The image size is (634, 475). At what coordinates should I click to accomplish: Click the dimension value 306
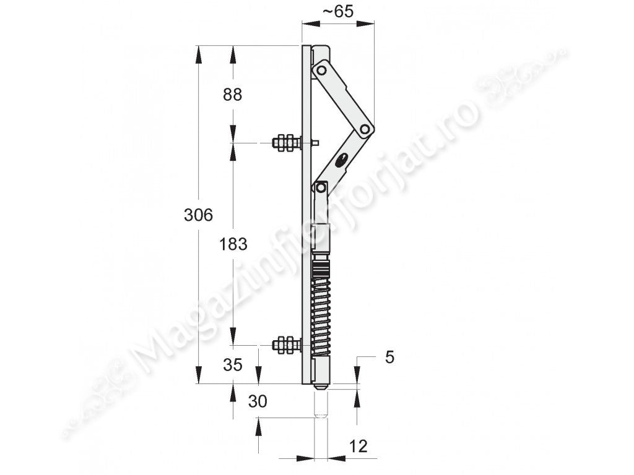click(x=199, y=215)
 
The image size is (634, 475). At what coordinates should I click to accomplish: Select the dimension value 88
click(x=232, y=95)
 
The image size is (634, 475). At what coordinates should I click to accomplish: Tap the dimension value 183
click(x=233, y=244)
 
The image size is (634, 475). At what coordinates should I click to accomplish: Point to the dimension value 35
click(x=232, y=364)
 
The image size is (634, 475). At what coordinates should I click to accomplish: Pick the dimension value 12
click(x=358, y=445)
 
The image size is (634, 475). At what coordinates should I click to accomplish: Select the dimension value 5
click(x=389, y=357)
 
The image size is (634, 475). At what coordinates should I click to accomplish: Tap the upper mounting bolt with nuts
click(x=287, y=143)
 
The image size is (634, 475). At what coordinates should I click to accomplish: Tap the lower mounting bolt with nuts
click(x=287, y=344)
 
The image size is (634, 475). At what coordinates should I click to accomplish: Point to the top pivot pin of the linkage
click(x=321, y=70)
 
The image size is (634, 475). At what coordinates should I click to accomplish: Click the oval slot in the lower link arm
click(x=341, y=161)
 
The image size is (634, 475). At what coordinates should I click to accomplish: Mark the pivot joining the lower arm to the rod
click(x=321, y=186)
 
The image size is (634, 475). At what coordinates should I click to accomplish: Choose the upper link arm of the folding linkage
click(x=344, y=99)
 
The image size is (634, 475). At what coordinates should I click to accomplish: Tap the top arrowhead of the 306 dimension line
click(x=198, y=53)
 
